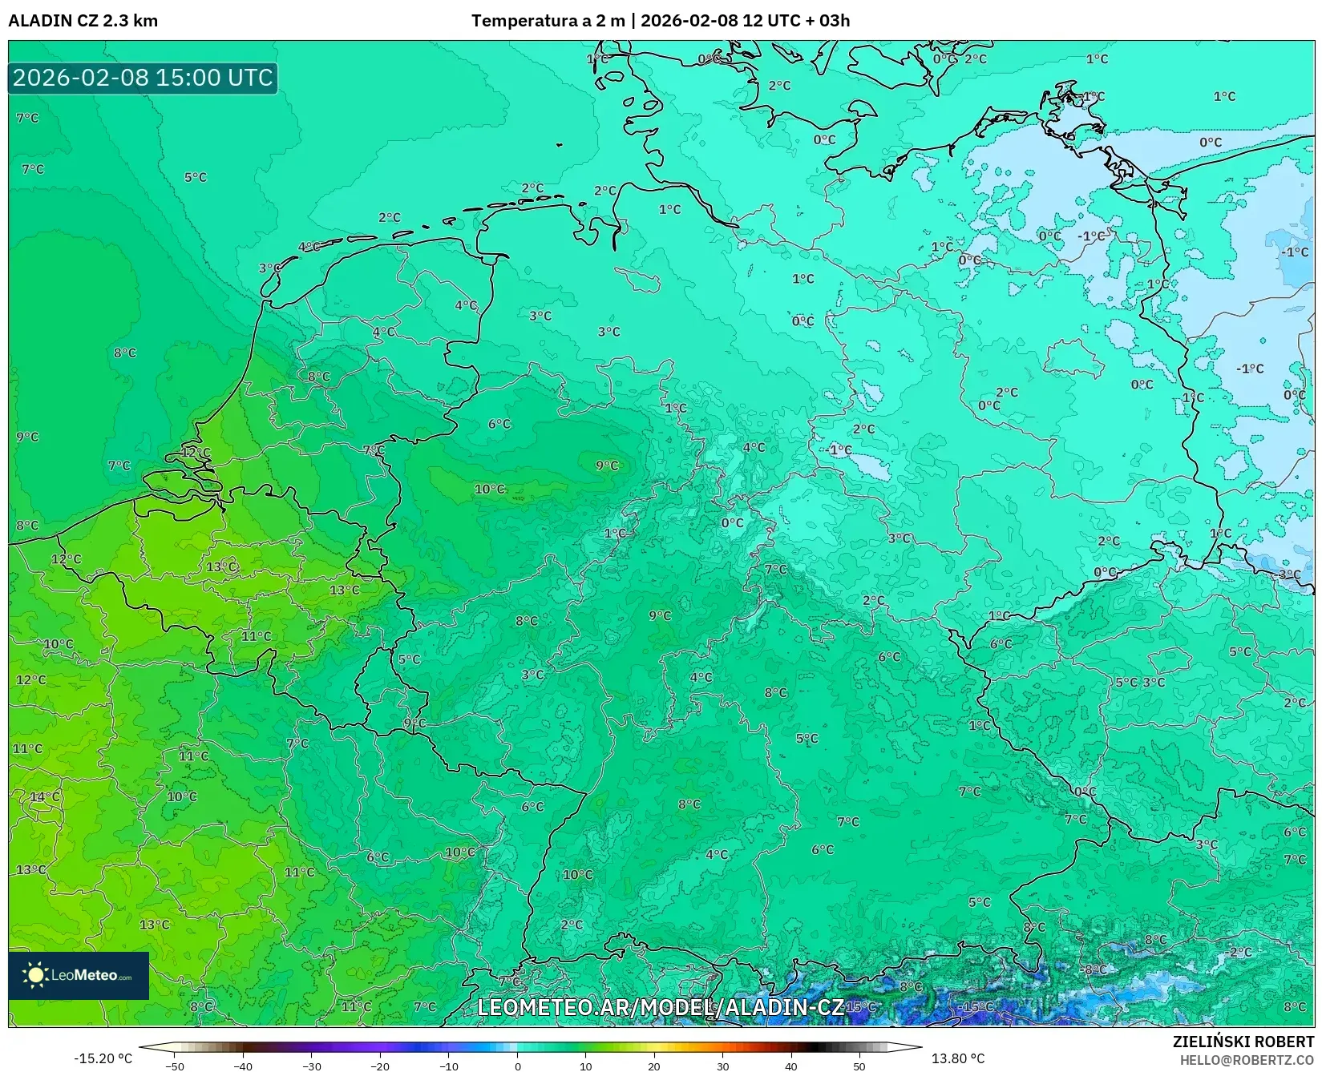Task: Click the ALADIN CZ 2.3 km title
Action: tap(83, 21)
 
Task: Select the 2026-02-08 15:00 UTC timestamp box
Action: tap(143, 78)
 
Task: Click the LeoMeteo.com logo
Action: tap(79, 975)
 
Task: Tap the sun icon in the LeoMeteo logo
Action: tap(35, 975)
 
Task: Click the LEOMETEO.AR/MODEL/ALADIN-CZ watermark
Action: tap(660, 1007)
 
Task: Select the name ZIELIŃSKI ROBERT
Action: tap(1243, 1042)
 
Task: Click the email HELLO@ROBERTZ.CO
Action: tap(1247, 1060)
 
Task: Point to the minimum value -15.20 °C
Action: tap(103, 1058)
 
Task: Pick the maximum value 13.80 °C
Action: tap(958, 1058)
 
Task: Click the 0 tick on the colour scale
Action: tap(517, 1066)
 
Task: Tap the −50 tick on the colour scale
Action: tap(174, 1066)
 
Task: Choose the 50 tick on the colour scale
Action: tap(859, 1066)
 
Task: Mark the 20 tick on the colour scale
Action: tap(654, 1066)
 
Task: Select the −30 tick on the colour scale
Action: tap(311, 1066)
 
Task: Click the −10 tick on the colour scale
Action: tap(449, 1066)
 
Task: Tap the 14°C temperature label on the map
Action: tap(45, 796)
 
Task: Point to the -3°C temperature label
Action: tap(1289, 574)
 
